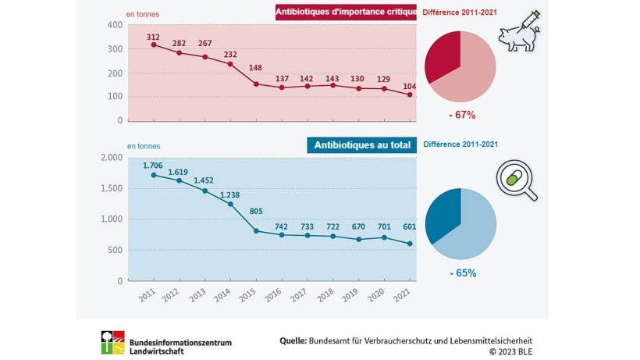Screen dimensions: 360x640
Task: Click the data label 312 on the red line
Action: click(154, 36)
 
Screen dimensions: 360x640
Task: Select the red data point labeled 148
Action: click(256, 84)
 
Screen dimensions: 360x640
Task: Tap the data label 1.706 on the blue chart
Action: click(154, 166)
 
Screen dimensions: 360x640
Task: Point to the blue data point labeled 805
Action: click(256, 231)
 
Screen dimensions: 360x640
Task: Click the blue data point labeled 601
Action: click(410, 244)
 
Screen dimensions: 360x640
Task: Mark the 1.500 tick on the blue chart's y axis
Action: click(111, 188)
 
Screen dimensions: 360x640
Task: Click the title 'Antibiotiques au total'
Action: click(360, 144)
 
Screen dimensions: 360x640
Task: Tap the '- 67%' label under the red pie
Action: click(460, 115)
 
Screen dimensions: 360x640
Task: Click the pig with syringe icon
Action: click(520, 34)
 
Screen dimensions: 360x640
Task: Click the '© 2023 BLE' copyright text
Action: click(513, 352)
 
